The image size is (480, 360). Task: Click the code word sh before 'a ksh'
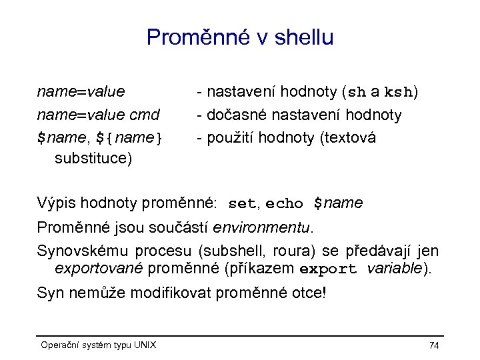tap(357, 91)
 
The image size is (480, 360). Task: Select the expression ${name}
tap(129, 139)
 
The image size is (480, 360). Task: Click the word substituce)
tap(93, 159)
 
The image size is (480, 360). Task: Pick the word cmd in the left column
tap(145, 115)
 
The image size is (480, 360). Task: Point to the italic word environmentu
tap(262, 227)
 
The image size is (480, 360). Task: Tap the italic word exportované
tap(99, 269)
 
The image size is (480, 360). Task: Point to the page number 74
tap(434, 345)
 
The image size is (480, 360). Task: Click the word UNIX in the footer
tap(145, 345)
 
